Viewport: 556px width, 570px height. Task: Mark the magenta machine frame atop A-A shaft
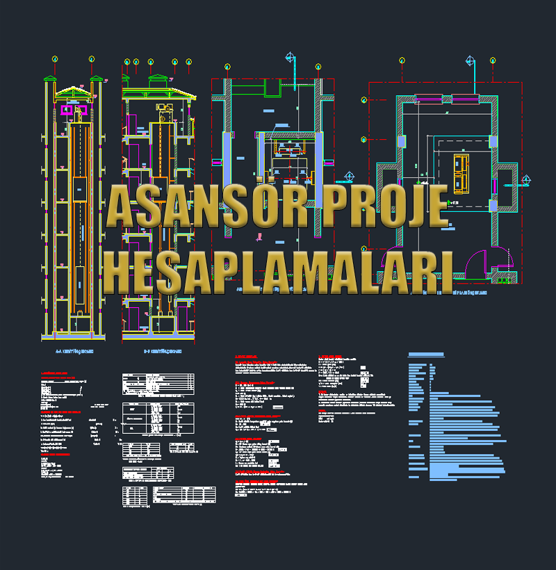click(72, 110)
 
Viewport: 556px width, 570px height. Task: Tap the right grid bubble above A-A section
click(92, 61)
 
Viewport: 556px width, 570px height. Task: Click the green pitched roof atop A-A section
click(73, 92)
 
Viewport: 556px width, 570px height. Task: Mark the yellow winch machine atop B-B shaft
click(165, 107)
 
